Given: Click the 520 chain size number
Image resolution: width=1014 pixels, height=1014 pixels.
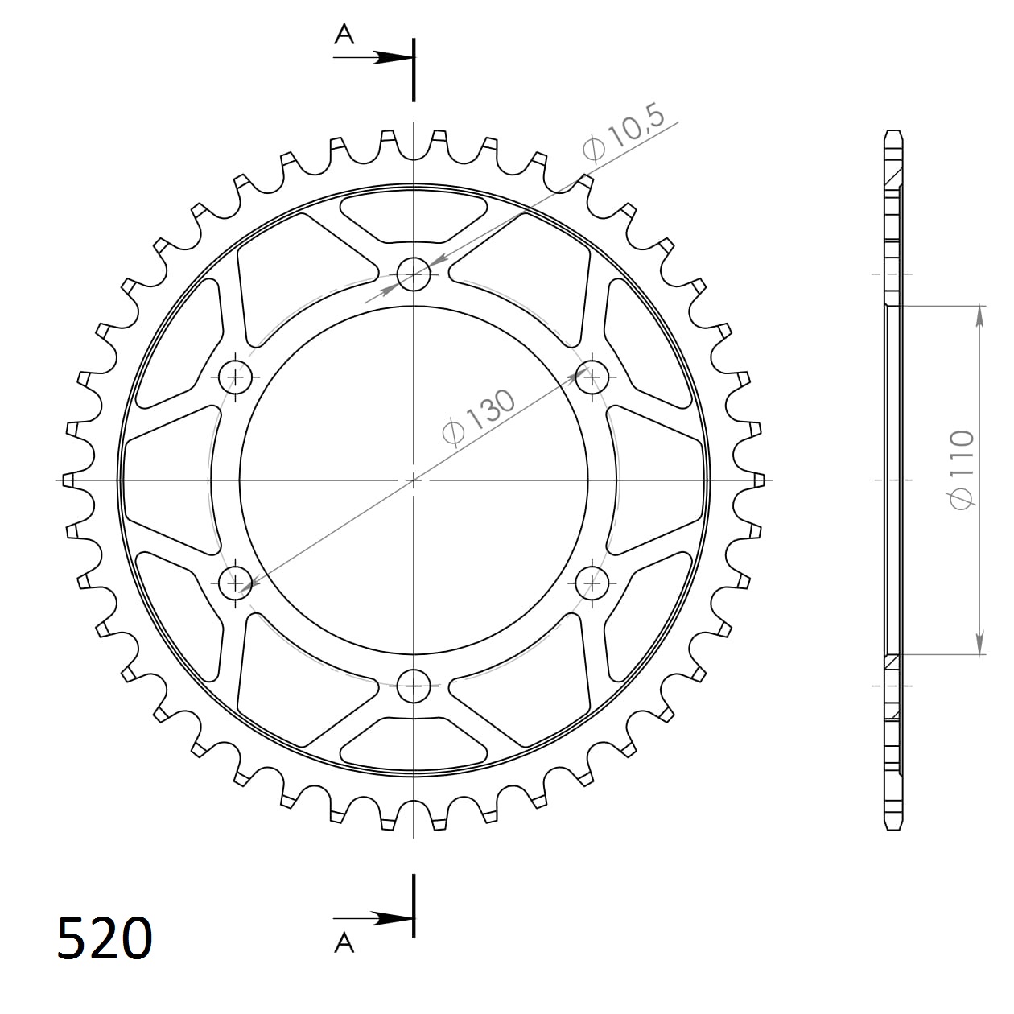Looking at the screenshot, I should (105, 938).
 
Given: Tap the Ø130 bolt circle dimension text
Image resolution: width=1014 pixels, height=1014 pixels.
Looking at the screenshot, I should (479, 417).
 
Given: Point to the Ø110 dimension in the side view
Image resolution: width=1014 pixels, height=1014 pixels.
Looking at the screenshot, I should (962, 469).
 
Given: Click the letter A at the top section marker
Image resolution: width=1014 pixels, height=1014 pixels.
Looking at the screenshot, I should (344, 34).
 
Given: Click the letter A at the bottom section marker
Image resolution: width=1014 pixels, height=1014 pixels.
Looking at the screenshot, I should (344, 942).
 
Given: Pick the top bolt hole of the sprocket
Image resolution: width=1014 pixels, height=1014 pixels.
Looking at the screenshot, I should (414, 274).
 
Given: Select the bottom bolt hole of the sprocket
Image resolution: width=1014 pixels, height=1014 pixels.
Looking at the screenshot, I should (414, 686).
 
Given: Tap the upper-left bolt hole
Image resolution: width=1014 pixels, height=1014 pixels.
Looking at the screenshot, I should (236, 375).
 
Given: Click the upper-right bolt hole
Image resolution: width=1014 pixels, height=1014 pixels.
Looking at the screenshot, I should (592, 375).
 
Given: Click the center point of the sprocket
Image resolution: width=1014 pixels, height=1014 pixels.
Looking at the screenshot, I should (414, 480).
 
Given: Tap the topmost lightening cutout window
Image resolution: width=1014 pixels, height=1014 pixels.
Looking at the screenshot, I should (414, 216).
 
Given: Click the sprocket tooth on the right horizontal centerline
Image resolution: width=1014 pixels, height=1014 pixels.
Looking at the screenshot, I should (756, 480).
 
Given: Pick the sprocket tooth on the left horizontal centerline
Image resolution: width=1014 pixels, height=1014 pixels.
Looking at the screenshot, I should (70, 480).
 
